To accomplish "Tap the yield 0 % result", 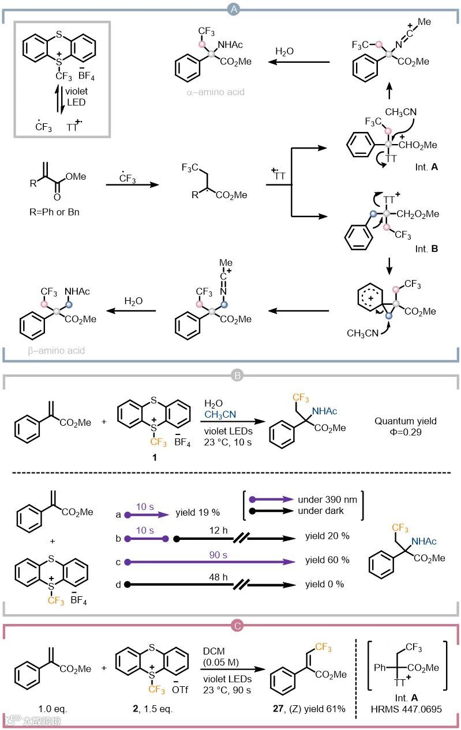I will click(324, 584).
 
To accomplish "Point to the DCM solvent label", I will click(216, 650).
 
